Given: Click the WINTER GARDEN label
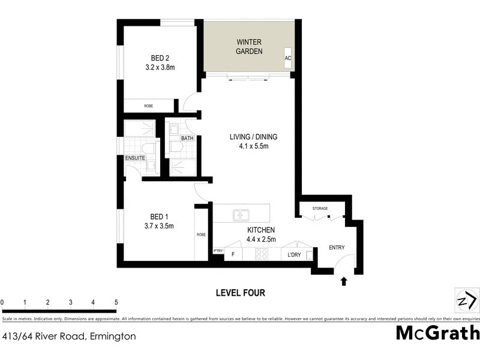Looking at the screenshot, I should point(249,47).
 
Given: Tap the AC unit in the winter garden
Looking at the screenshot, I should point(288,58).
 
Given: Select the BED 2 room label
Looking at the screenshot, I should point(159,58).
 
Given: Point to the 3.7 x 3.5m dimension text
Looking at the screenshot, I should point(159,226).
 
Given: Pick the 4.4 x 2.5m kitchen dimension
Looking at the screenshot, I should point(261,239).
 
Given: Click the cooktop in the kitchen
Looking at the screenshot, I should point(262,254).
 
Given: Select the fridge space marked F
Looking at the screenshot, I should point(233,255).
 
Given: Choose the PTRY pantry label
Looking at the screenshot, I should point(218,251).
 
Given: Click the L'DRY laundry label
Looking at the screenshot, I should point(294,255).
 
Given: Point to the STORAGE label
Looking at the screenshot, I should point(320,208).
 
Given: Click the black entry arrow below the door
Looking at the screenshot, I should point(344,280).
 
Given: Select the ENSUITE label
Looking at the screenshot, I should point(134,158).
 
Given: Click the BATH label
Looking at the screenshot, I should point(187,139).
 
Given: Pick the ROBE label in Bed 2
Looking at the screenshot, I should point(148,106).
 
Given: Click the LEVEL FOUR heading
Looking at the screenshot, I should point(240,293).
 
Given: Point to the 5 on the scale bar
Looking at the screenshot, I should point(116,302).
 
